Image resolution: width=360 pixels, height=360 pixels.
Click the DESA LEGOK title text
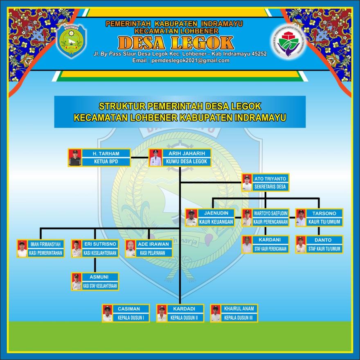pyautogui.click(x=176, y=43)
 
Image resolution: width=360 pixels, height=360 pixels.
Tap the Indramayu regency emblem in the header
pyautogui.click(x=71, y=41)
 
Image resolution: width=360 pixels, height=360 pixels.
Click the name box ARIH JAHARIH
pyautogui.click(x=187, y=153)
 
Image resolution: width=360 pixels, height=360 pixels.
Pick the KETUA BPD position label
pyautogui.click(x=106, y=162)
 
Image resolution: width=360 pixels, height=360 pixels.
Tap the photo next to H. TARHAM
pyautogui.click(x=75, y=158)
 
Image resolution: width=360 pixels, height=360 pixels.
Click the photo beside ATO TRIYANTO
pyautogui.click(x=247, y=182)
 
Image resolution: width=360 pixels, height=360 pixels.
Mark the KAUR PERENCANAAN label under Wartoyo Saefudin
pyautogui.click(x=270, y=222)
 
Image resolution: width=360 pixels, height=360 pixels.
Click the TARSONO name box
pyautogui.click(x=324, y=213)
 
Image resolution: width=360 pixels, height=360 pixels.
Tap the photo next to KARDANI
pyautogui.click(x=247, y=245)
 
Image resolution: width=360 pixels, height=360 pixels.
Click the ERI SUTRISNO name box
pyautogui.click(x=100, y=244)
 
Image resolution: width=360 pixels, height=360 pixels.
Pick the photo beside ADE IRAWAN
pyautogui.click(x=130, y=248)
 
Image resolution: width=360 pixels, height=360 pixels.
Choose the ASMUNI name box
pyautogui.click(x=100, y=277)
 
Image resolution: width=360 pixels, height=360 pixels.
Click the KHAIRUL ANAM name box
pyautogui.click(x=239, y=309)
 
